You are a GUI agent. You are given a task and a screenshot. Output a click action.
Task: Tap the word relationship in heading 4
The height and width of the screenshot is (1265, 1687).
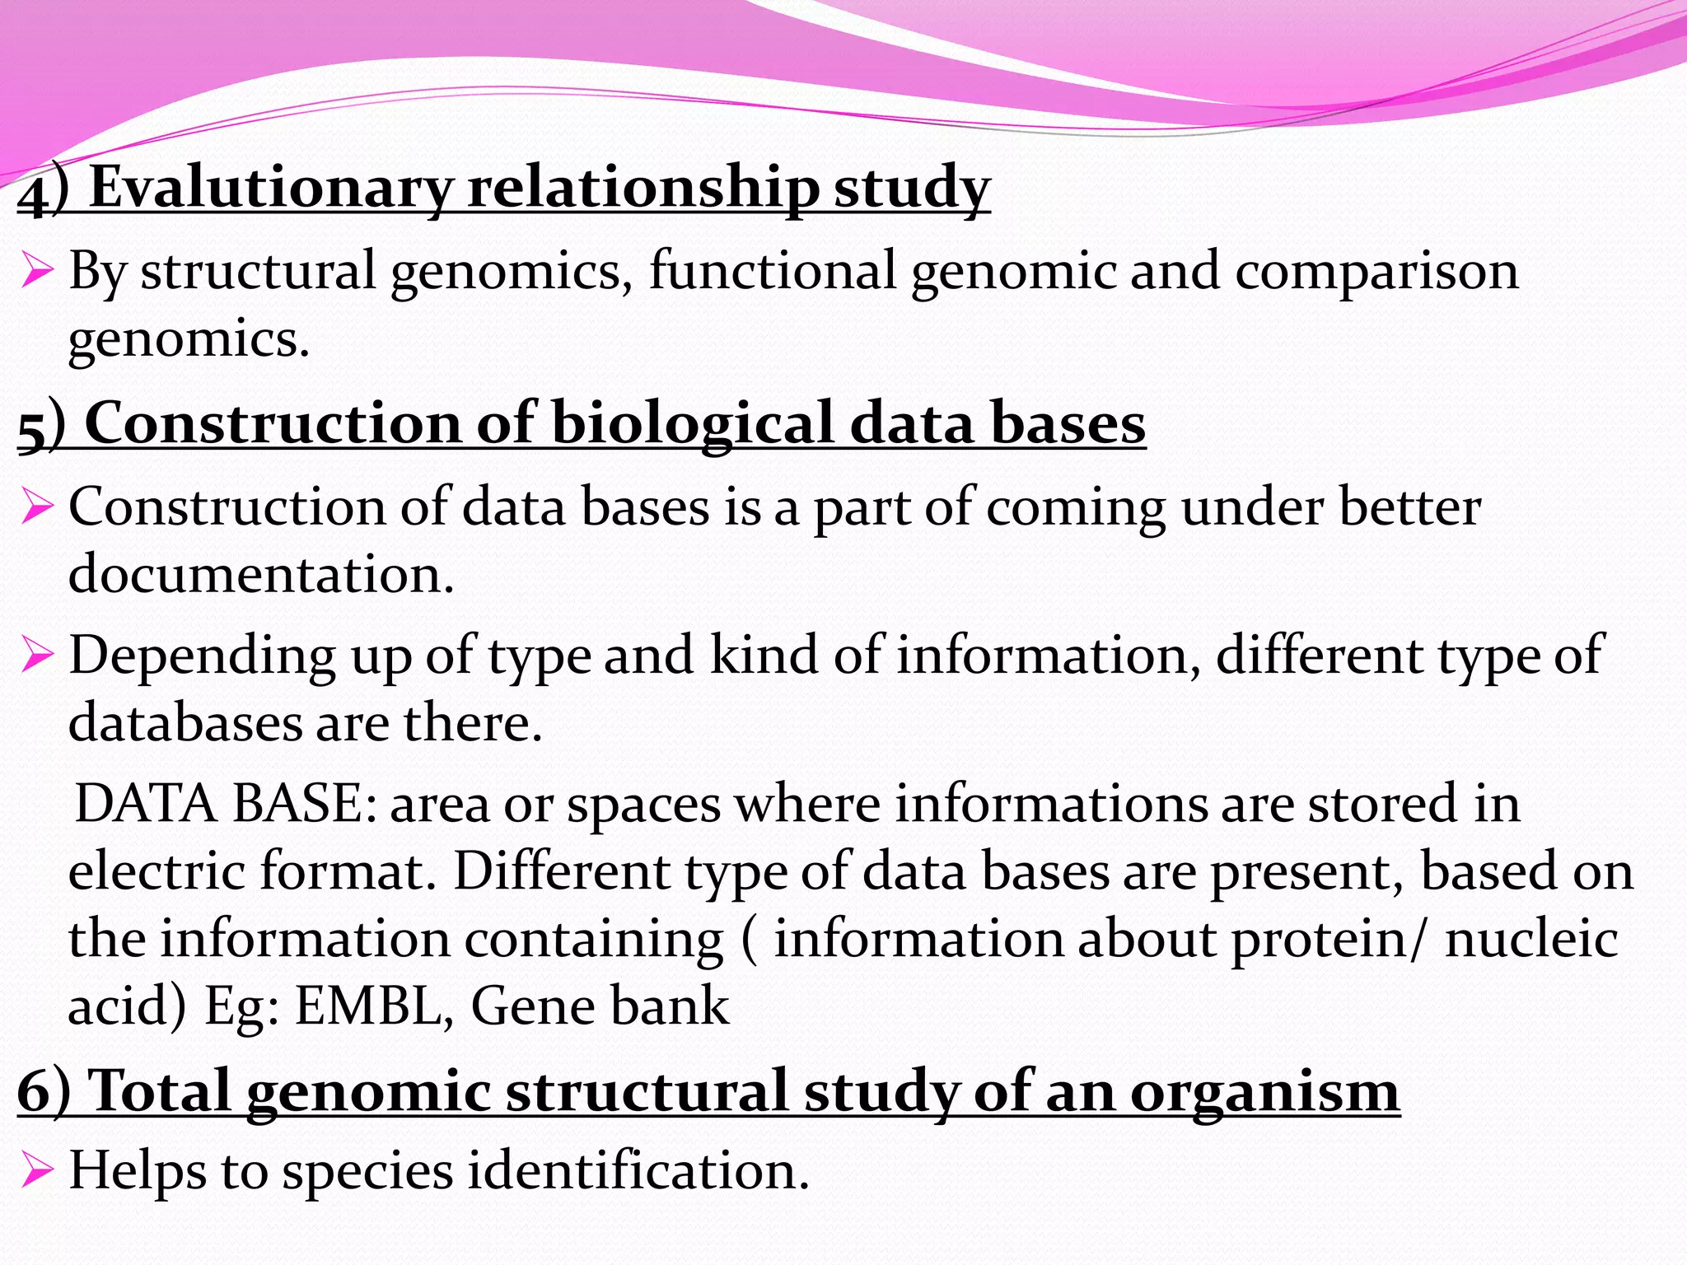643,187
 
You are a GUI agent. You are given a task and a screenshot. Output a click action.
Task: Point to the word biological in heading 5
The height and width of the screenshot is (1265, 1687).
692,423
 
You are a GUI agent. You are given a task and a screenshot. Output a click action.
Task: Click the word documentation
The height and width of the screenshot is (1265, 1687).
260,574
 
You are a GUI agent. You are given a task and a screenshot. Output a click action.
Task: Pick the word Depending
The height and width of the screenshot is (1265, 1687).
202,656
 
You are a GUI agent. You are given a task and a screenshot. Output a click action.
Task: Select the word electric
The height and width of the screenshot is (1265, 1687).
156,871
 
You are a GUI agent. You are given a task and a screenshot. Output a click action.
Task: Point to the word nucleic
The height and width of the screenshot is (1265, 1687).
1531,939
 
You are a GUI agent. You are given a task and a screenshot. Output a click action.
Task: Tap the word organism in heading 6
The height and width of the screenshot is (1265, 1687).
1264,1092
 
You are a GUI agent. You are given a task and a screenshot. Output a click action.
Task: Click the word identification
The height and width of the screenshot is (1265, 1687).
638,1170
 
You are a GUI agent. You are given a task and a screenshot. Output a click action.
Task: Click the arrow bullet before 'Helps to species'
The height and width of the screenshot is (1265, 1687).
38,1170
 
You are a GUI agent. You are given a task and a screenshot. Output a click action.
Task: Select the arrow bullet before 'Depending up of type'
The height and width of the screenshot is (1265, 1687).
38,656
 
